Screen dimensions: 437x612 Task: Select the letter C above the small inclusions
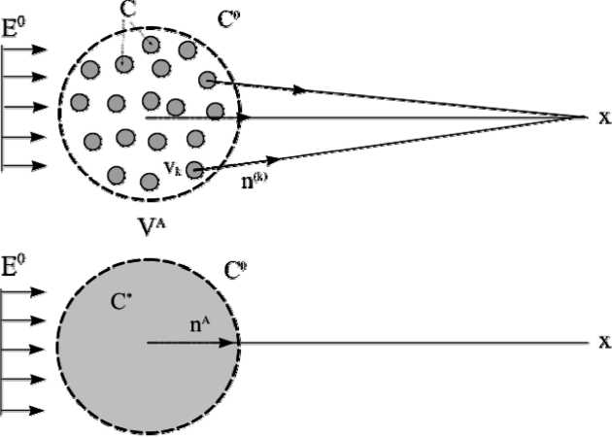tap(128, 10)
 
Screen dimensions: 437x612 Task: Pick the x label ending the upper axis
tap(603, 118)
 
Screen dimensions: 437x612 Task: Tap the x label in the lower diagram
tap(603, 342)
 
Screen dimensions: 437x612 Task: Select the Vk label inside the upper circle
tap(173, 167)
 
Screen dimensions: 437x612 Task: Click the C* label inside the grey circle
tap(121, 301)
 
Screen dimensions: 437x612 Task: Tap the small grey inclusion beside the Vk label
tap(194, 170)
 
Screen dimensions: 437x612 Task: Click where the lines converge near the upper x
tap(580, 118)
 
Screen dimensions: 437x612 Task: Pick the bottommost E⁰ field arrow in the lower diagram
tap(24, 409)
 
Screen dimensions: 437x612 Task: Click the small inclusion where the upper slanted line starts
tap(207, 79)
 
